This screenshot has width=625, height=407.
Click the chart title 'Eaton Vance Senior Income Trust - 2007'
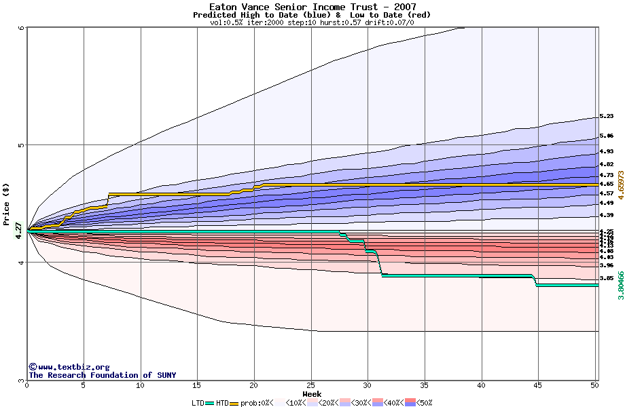click(312, 7)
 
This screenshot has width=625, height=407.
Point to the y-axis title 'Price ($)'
click(6, 204)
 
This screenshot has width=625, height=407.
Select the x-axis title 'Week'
click(312, 394)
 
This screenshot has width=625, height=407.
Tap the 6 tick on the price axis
click(22, 28)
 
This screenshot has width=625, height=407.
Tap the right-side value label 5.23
click(607, 117)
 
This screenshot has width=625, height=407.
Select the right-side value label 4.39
click(607, 216)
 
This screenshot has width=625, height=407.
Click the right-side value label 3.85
click(607, 278)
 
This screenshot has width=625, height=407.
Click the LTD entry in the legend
click(198, 403)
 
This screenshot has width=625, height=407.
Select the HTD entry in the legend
click(222, 403)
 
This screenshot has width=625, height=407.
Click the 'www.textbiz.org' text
click(73, 367)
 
